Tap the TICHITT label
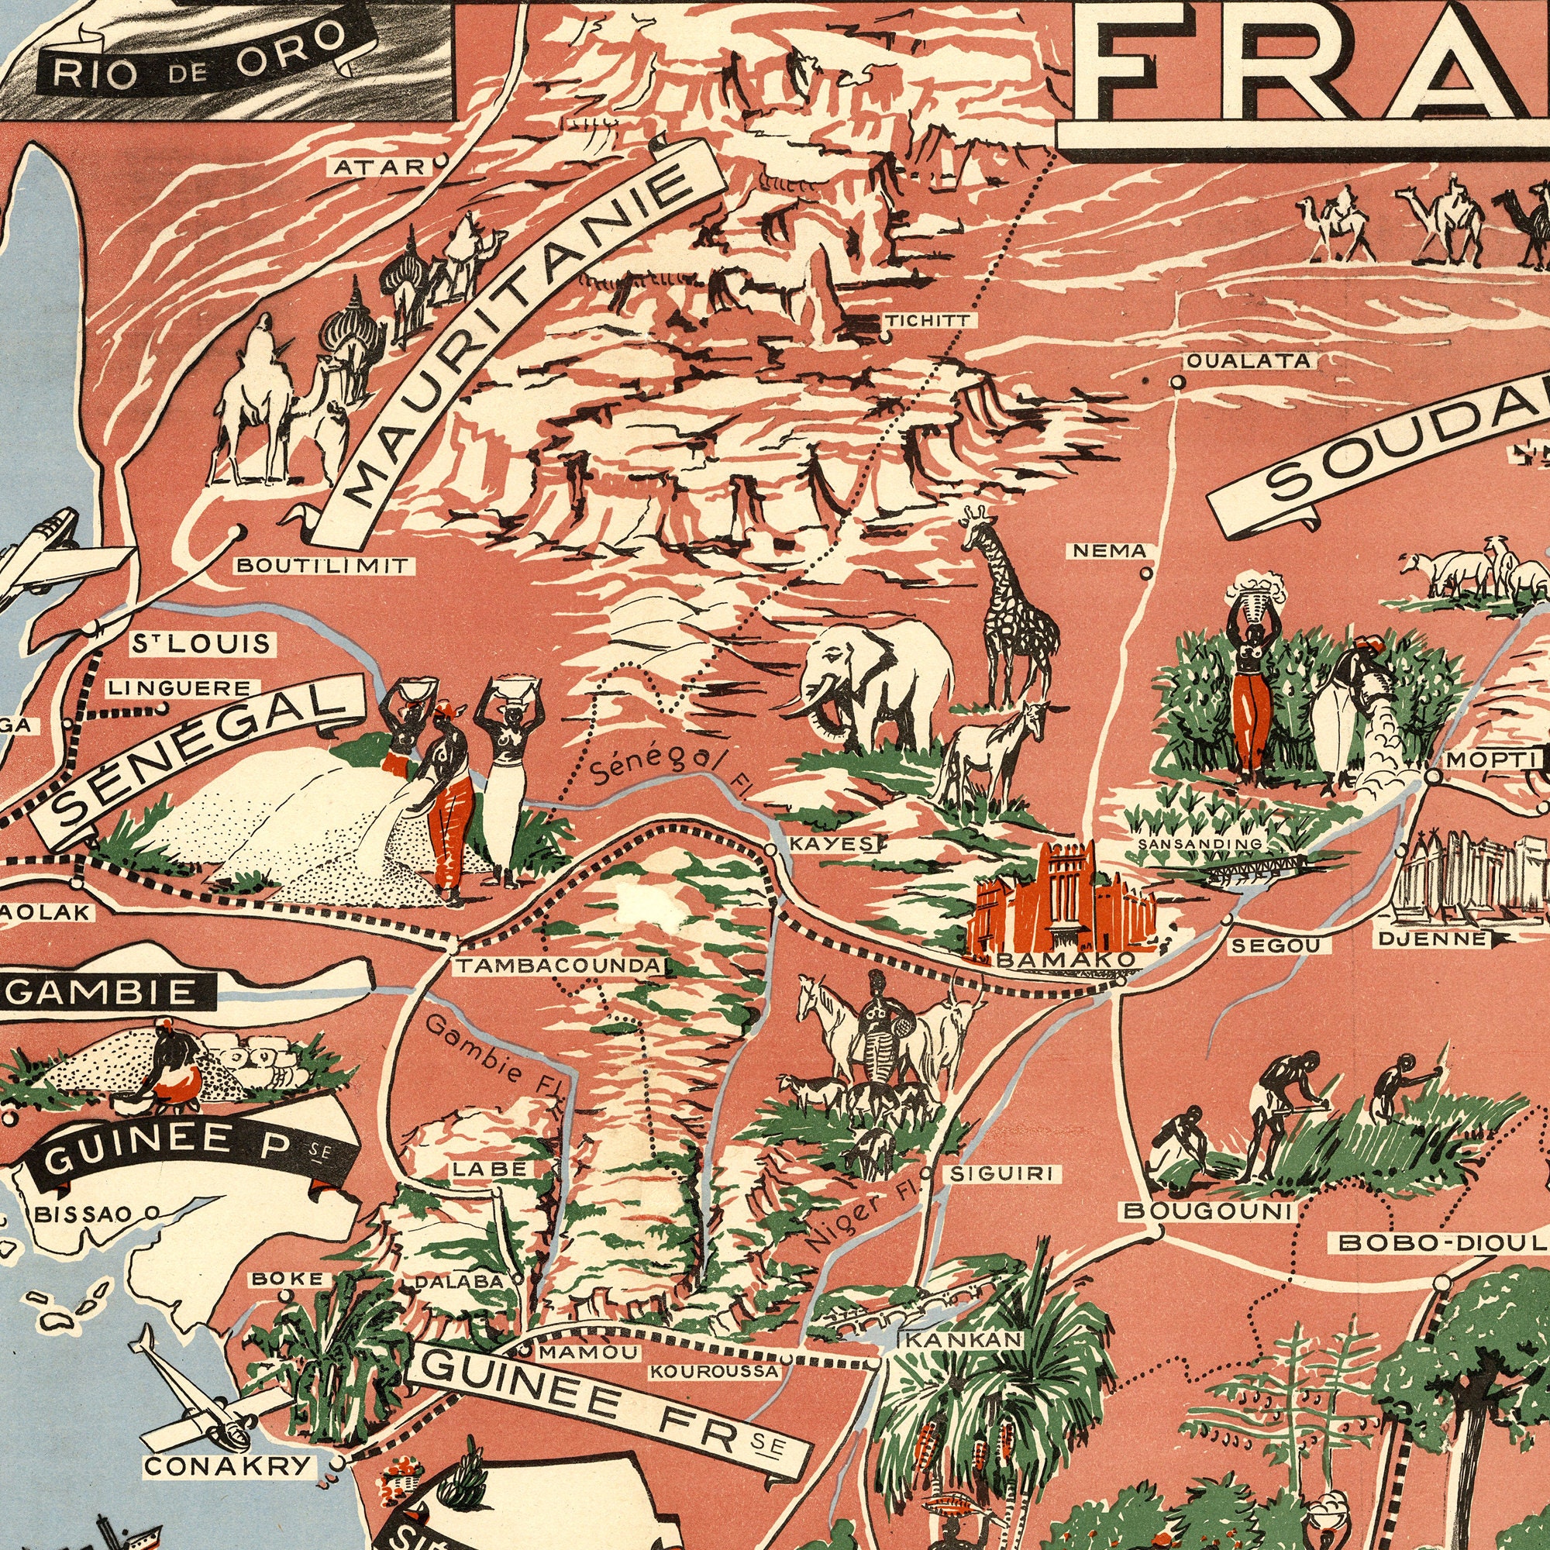(928, 321)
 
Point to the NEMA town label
(1111, 550)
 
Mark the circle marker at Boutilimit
(234, 530)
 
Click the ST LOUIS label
(202, 644)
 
